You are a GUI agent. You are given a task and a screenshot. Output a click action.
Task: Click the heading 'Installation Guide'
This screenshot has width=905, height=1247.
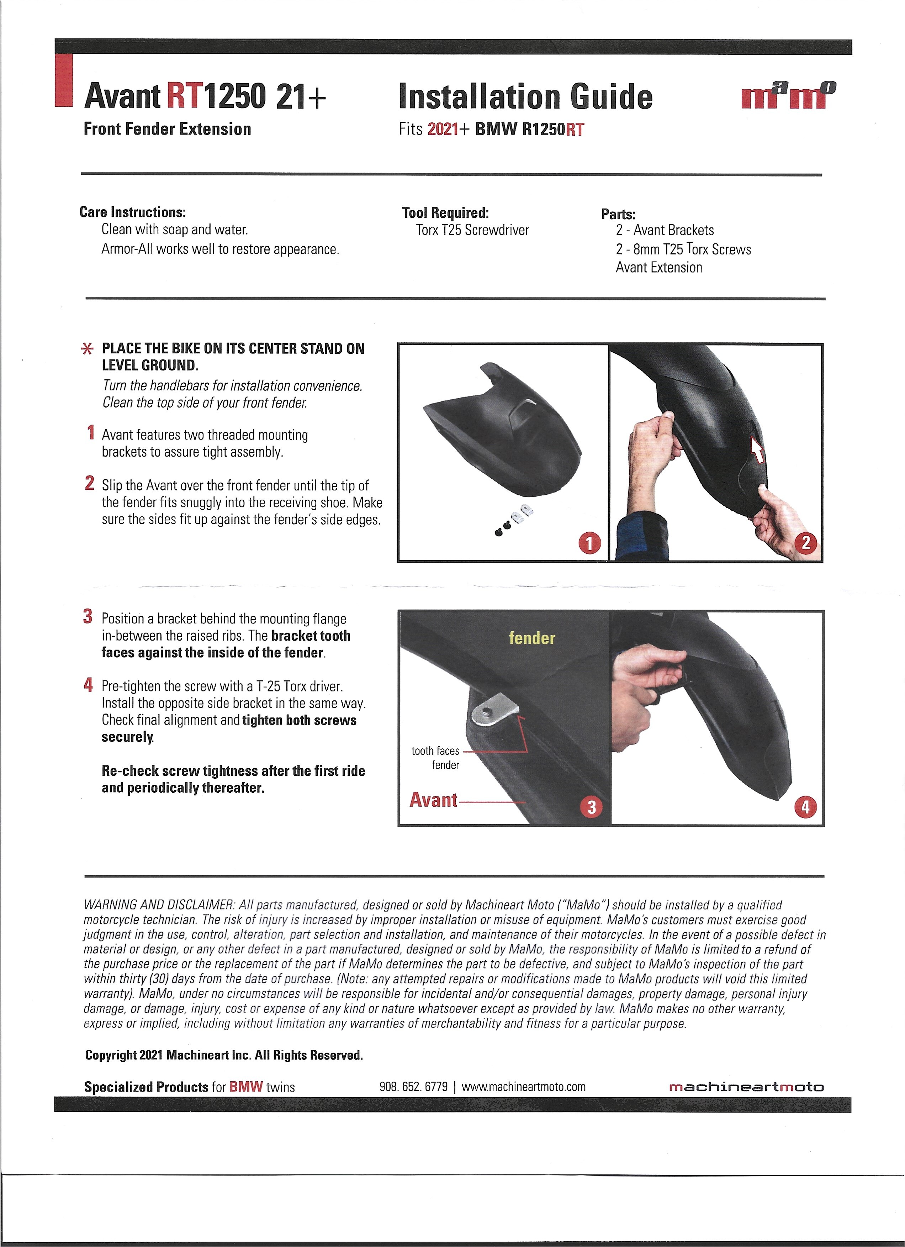(526, 97)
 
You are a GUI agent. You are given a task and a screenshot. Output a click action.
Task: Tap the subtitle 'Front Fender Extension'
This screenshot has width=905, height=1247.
(167, 129)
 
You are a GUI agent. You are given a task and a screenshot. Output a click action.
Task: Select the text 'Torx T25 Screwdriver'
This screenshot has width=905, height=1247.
(472, 230)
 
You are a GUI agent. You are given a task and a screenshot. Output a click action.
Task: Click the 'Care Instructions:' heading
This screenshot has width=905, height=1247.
(132, 212)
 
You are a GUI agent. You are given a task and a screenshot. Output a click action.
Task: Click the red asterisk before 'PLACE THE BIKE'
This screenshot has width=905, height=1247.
(87, 350)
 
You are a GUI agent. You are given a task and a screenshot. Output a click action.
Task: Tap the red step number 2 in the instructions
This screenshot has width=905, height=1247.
(90, 483)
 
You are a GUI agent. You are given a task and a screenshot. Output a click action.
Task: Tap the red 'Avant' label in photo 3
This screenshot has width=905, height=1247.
(433, 800)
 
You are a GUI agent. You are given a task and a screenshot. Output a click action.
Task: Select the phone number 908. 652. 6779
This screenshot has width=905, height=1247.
(413, 1087)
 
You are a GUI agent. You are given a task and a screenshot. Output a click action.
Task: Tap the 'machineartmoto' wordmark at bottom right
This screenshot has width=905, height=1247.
(746, 1087)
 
